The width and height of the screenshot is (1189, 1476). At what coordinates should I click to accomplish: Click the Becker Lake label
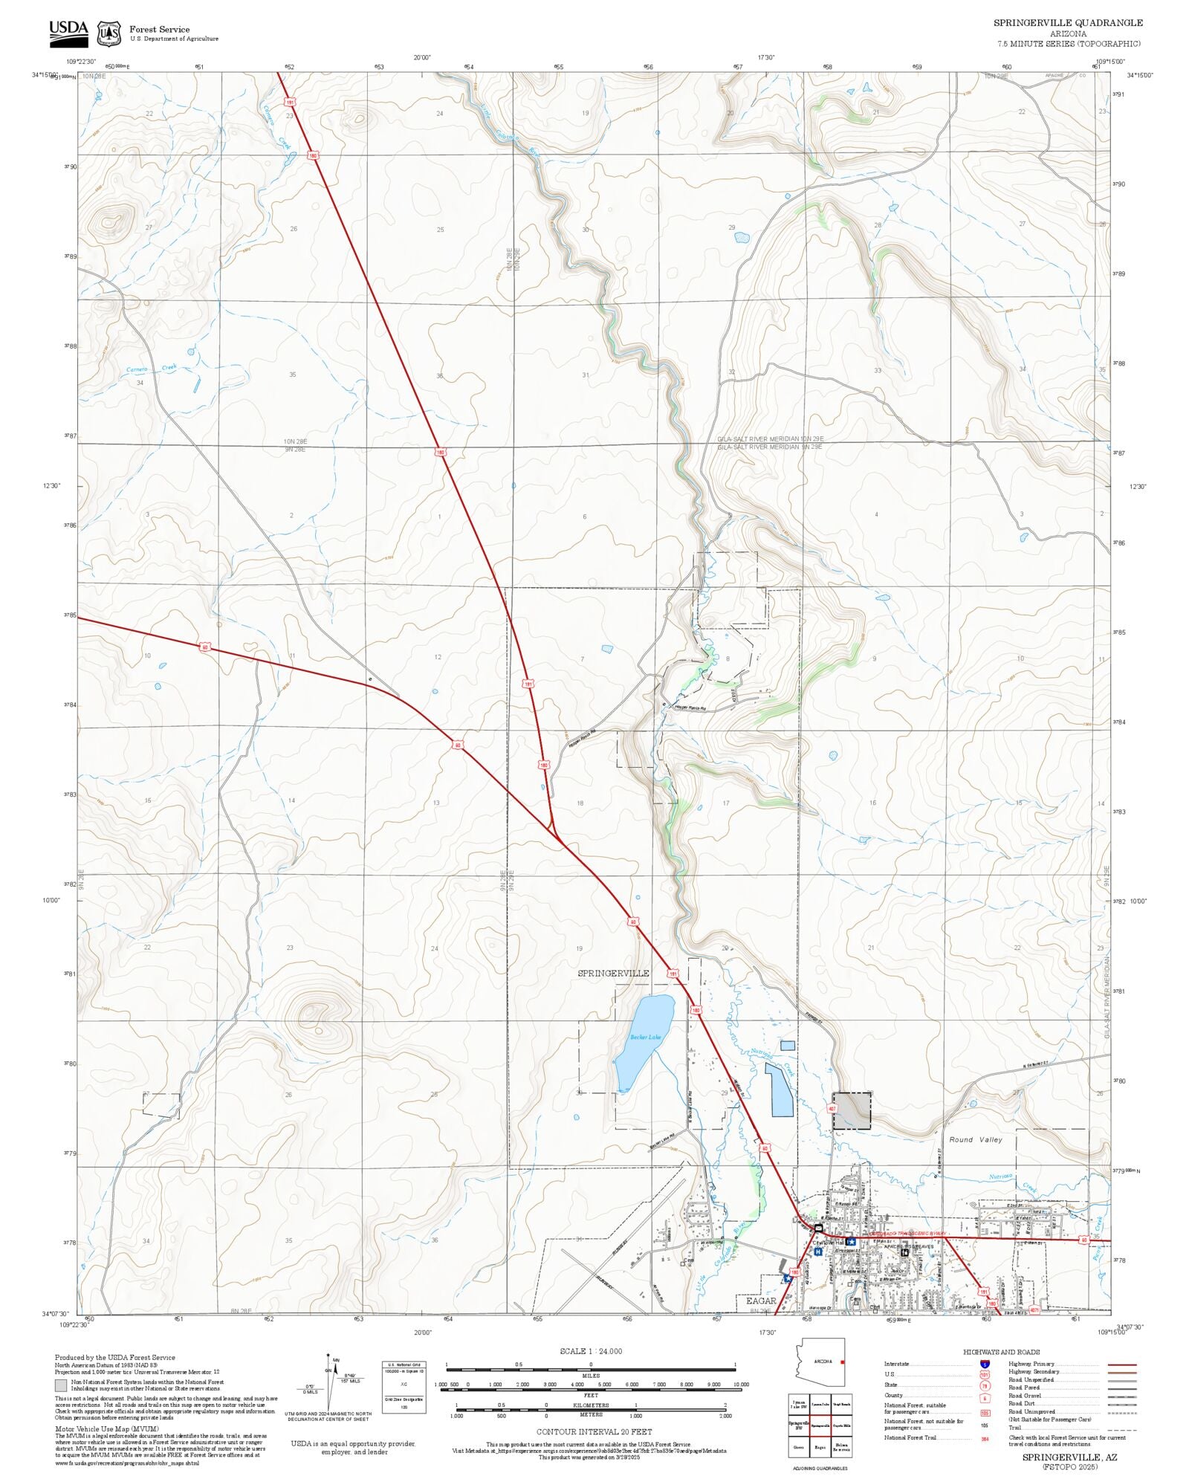coord(645,1038)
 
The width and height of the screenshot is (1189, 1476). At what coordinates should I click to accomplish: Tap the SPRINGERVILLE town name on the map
coord(613,973)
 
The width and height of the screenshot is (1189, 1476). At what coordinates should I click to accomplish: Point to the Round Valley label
coord(975,1139)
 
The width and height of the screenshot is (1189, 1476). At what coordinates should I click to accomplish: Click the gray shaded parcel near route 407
coord(852,1111)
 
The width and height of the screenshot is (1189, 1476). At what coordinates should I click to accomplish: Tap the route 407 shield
coord(832,1109)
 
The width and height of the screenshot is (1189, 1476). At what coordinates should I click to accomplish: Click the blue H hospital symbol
coord(818,1252)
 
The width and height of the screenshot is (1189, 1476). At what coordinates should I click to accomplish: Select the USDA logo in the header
coord(68,32)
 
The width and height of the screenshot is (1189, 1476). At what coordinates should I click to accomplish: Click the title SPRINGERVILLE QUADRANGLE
coord(1068,23)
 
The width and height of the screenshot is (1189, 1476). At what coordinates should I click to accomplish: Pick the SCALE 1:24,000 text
coord(591,1351)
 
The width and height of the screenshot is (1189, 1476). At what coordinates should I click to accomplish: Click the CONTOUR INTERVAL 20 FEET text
coord(594,1431)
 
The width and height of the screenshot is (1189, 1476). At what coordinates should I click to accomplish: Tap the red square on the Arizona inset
coord(842,1362)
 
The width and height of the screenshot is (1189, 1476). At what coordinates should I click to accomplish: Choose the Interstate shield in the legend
coord(985,1365)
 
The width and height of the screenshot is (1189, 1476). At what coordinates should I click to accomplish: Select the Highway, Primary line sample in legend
coord(1122,1365)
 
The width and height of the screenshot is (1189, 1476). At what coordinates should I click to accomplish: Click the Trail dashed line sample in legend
coord(1122,1428)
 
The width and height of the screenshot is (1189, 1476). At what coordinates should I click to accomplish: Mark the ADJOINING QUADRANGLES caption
coord(819,1469)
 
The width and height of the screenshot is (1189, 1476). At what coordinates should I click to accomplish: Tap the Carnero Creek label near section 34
coord(151,369)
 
